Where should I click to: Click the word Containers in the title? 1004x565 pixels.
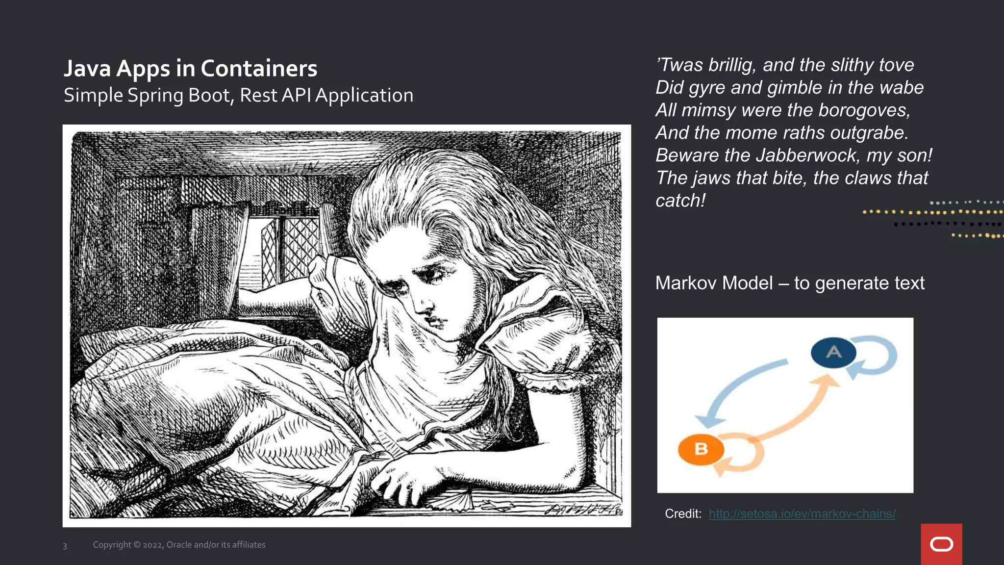click(x=259, y=69)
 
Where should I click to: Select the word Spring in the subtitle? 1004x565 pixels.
click(x=155, y=96)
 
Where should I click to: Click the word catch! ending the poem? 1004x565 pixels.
click(x=680, y=201)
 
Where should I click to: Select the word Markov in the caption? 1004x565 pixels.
click(x=714, y=283)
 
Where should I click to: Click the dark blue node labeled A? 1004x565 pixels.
click(x=833, y=352)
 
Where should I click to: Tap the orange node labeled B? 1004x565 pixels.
click(x=701, y=449)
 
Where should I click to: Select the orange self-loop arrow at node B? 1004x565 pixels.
click(x=745, y=454)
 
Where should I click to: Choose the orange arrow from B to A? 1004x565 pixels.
click(x=794, y=412)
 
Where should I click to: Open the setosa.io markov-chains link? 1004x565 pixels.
click(x=802, y=514)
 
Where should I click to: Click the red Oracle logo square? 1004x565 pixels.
click(x=941, y=544)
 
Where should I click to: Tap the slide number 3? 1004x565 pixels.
click(x=65, y=546)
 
